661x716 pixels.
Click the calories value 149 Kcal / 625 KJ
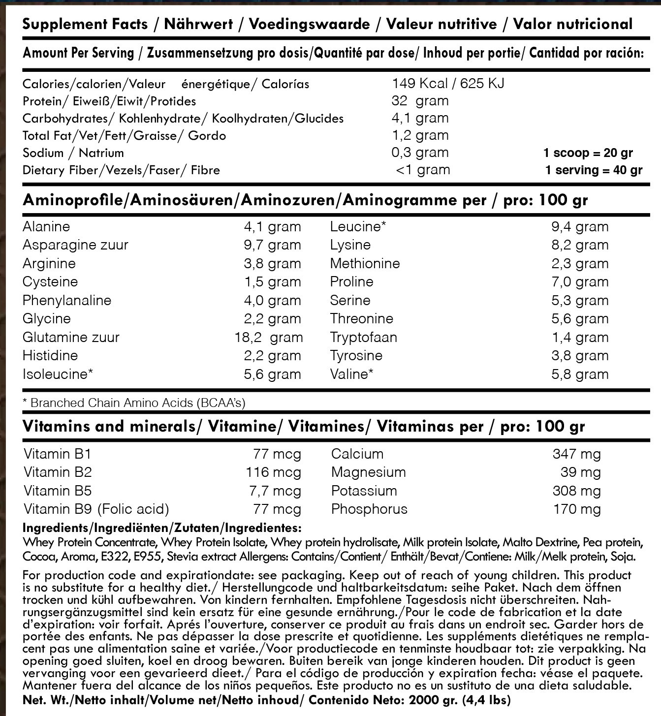pos(448,84)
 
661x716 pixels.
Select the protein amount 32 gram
pos(420,101)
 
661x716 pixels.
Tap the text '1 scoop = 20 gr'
pos(588,153)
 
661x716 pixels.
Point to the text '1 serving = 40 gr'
pos(594,170)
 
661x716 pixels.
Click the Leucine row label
pos(358,227)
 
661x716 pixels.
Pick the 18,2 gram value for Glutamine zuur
pos(269,338)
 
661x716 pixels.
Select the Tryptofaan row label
pos(363,338)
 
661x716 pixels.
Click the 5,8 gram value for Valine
pos(580,374)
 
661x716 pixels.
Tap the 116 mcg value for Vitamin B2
pos(273,472)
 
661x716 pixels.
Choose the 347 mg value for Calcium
pos(577,454)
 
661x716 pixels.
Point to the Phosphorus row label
pos(369,509)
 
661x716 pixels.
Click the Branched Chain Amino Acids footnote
pos(134,403)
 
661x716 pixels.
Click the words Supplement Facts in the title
pos(85,24)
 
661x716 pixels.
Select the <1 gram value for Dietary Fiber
pos(423,170)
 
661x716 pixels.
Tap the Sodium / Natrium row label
pos(73,153)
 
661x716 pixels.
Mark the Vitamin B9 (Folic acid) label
pos(96,509)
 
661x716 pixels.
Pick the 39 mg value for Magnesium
pos(580,472)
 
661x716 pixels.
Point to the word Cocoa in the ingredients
pos(39,557)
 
